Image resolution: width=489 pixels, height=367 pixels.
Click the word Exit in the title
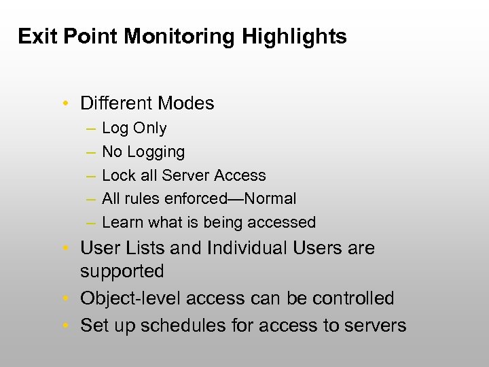point(38,36)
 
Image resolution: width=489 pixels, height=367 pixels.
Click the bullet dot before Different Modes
point(65,104)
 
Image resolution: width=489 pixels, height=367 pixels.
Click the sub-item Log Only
point(134,128)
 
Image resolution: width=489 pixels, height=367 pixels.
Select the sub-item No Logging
point(143,152)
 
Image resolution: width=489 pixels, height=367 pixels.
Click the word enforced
point(200,198)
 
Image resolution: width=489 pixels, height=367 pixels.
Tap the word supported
point(122,272)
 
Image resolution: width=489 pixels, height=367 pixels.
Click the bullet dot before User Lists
point(65,249)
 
